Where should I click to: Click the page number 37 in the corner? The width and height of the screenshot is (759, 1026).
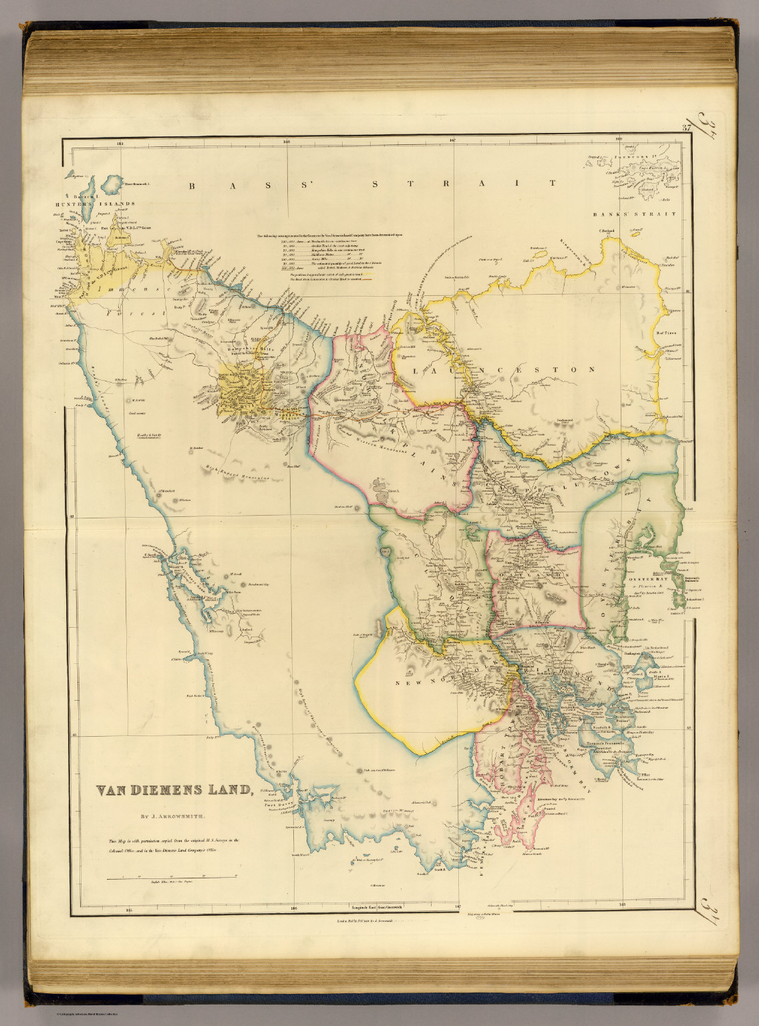point(686,128)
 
